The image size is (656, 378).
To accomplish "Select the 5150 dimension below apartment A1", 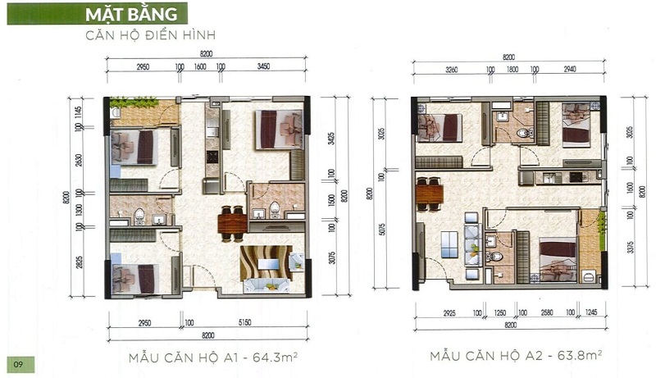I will pos(248,322).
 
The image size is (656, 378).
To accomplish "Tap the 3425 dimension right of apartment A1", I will pos(326,138).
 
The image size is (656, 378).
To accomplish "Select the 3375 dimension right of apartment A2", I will pos(631,247).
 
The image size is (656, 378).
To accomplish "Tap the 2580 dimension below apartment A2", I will pos(546,312).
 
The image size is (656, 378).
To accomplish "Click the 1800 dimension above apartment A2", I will pos(512,70).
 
